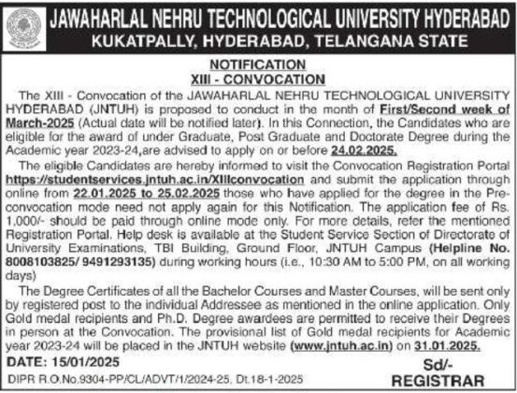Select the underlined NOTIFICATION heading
259,65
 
